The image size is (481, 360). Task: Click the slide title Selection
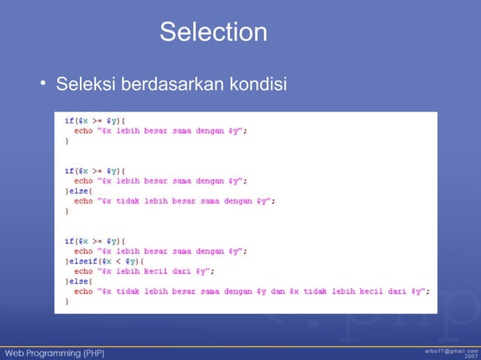(213, 32)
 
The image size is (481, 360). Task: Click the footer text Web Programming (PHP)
(56, 352)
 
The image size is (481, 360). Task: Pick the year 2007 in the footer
(470, 355)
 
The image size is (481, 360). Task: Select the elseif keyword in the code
(82, 261)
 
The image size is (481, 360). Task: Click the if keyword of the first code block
(69, 121)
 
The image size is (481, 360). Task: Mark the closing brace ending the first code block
(66, 141)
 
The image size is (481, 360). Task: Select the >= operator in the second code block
(97, 171)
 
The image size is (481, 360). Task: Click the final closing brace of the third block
(66, 301)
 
